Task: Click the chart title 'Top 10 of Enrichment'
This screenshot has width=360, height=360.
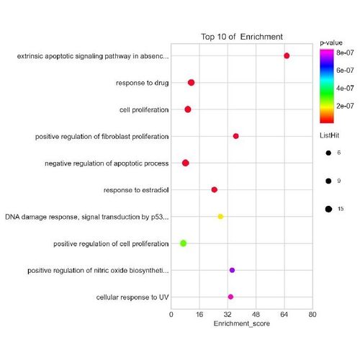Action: tap(241, 37)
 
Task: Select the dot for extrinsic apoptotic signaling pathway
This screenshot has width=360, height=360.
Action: tap(287, 55)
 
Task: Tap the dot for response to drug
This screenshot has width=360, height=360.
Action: tap(191, 83)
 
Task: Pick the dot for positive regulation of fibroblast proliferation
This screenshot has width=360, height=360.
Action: tap(235, 136)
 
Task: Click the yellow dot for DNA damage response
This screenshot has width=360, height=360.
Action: tap(220, 216)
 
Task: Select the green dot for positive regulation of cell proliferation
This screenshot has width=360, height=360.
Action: tap(183, 243)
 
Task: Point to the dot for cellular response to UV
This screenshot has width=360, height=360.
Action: tap(230, 297)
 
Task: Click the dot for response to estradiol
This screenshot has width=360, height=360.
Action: tap(214, 189)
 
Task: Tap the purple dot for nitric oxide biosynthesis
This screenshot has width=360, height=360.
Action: tap(232, 270)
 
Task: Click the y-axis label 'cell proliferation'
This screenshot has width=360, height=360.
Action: tap(144, 109)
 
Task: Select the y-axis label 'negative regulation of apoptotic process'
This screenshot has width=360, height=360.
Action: tap(107, 163)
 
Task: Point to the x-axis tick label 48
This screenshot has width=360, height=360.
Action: tap(256, 315)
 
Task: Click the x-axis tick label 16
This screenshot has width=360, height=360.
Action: tap(199, 315)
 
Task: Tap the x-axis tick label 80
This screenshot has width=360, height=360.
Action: tap(312, 315)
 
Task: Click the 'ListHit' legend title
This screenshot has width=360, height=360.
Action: tap(332, 135)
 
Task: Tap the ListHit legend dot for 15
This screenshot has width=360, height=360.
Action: tap(328, 209)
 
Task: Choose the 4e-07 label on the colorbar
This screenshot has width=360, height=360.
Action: tap(344, 88)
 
